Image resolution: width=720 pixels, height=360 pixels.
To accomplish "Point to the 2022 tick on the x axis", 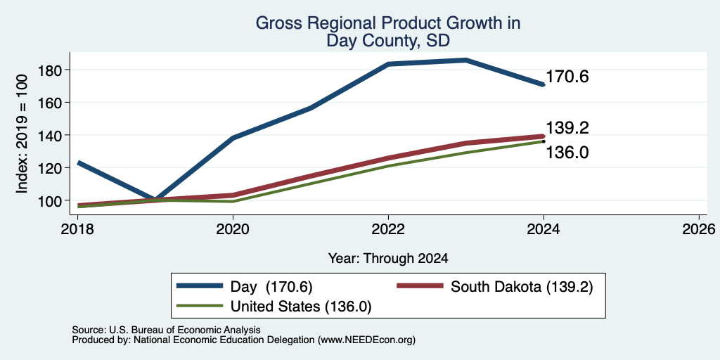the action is pos(388,229).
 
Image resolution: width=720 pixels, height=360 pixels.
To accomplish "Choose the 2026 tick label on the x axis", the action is pos(698,229).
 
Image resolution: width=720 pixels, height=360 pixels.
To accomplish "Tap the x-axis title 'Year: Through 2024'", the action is pos(388,259).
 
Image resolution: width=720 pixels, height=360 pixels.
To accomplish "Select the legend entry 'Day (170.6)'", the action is pos(245,287).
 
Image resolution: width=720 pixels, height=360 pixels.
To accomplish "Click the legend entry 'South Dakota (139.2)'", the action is pos(495,287).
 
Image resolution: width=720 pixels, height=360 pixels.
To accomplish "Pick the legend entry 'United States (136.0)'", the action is pos(274,307).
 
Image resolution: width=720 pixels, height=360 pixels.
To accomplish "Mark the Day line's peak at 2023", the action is pos(466,60).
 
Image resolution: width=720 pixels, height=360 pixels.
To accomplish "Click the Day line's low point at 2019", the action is pos(155,200).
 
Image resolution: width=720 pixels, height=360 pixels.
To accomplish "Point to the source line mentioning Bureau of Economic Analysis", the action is pos(166,330).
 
